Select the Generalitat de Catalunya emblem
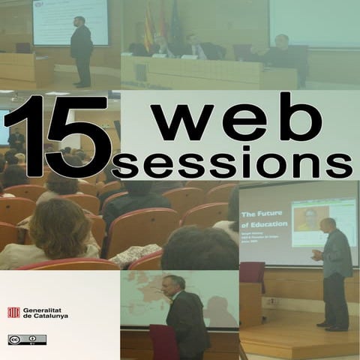[13, 312]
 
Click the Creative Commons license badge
[27, 339]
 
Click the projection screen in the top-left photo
[69, 20]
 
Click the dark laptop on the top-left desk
[23, 48]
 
